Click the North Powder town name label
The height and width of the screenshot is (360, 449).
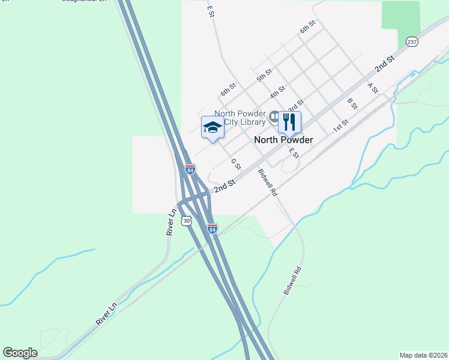pos(283,140)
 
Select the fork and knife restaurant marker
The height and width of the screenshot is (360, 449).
pos(289,123)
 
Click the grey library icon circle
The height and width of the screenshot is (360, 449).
pos(274,116)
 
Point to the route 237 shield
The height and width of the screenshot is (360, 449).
pos(412,42)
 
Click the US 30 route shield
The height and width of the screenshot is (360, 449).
pos(170,221)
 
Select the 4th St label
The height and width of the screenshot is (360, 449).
pos(277,92)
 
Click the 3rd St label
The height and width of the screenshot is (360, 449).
pos(296,105)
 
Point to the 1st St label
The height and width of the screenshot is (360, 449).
pos(341,125)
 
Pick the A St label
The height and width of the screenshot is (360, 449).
pos(373,88)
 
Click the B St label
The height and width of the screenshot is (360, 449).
pos(352,103)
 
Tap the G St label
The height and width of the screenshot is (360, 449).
pos(235,164)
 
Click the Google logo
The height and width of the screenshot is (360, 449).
pos(20,353)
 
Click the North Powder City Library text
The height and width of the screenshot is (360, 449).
pos(240,118)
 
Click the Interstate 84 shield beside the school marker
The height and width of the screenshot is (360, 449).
pos(190,170)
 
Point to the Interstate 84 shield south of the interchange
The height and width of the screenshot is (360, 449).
pos(212,228)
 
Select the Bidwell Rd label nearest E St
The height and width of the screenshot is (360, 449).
pos(268,183)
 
